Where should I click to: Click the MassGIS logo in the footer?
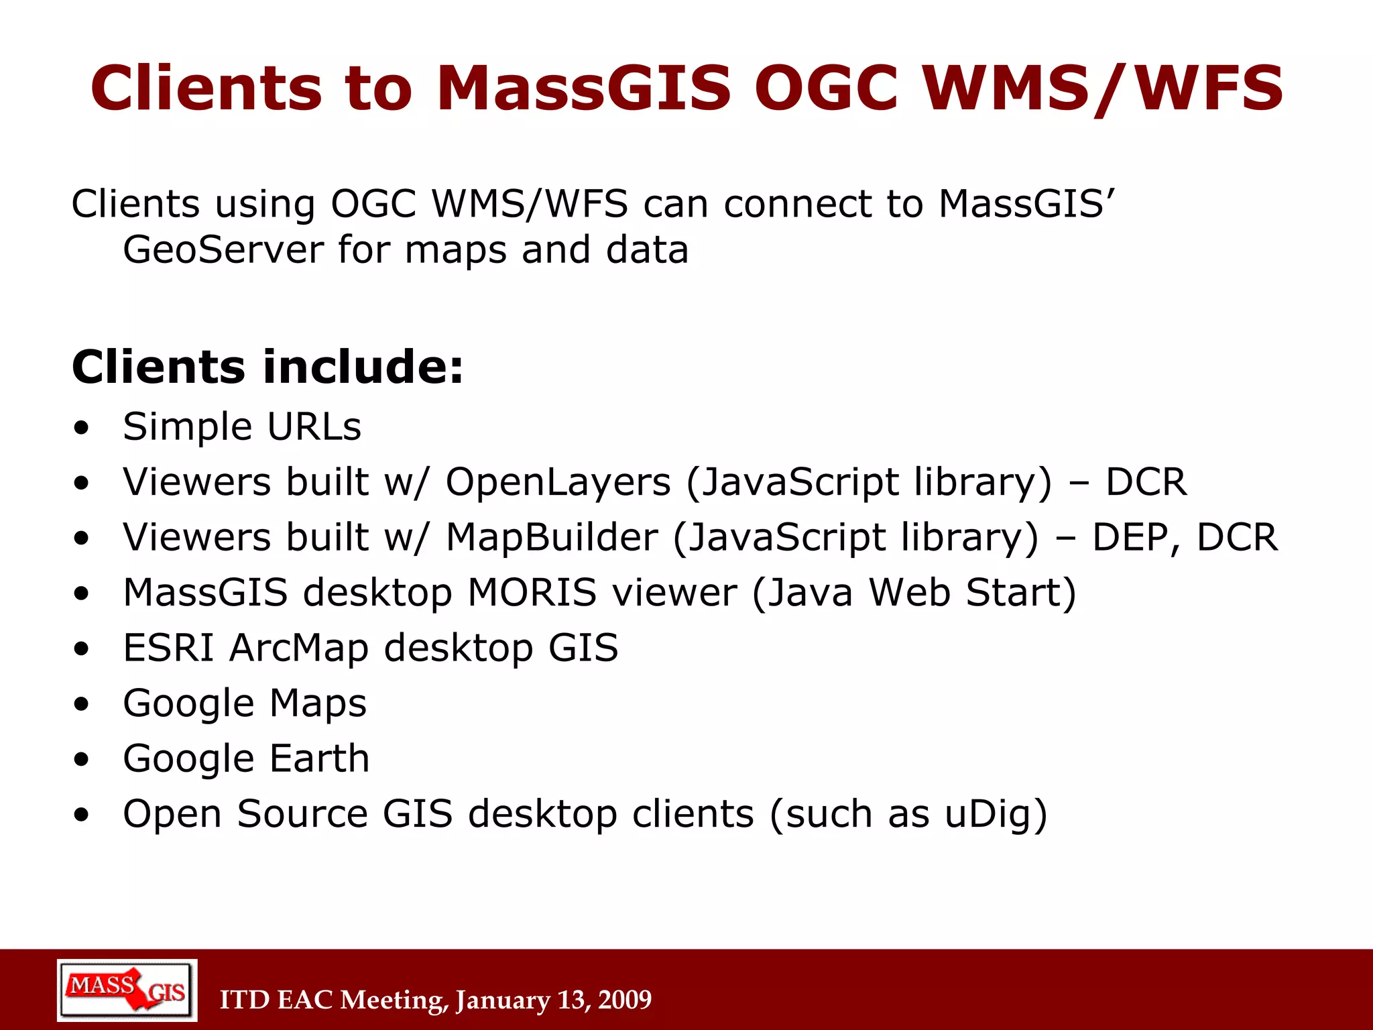click(x=127, y=990)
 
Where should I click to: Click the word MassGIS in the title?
click(x=583, y=88)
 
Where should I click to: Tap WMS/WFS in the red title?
click(x=1103, y=88)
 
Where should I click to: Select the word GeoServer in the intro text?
click(x=223, y=250)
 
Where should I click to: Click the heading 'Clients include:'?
click(x=267, y=367)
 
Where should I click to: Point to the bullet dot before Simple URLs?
click(x=82, y=428)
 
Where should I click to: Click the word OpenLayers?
click(x=558, y=482)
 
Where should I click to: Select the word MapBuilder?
click(x=552, y=538)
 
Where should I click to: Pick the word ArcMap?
click(x=299, y=648)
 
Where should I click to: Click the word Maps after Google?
click(x=318, y=703)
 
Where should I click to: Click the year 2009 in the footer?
click(x=624, y=1000)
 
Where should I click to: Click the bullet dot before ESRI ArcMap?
click(x=82, y=649)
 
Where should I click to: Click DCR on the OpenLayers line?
click(x=1146, y=482)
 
